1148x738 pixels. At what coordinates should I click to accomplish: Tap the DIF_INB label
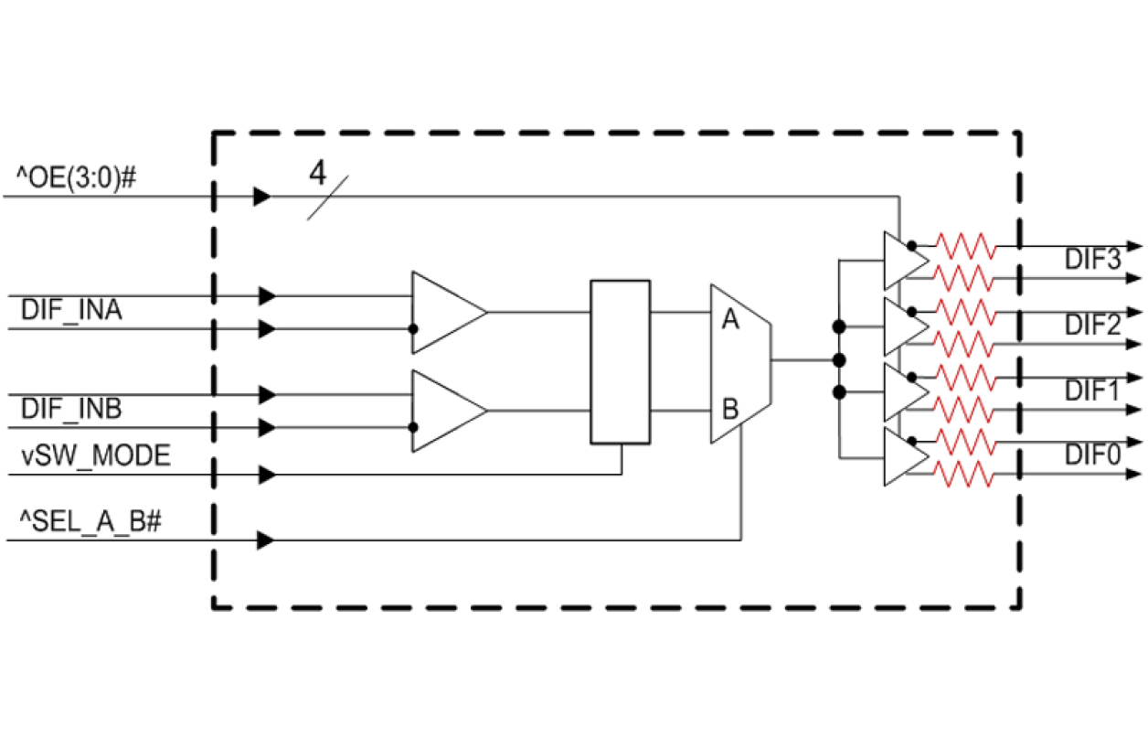tap(72, 411)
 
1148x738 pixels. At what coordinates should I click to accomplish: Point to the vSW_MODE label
tap(96, 455)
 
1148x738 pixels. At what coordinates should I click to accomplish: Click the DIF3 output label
tap(1091, 260)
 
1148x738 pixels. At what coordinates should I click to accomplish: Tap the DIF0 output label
tap(1091, 454)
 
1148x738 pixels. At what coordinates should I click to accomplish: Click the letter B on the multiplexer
tap(729, 408)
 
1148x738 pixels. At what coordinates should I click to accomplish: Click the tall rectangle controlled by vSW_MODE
tap(620, 362)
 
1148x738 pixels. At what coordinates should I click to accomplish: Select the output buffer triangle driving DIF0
tap(902, 456)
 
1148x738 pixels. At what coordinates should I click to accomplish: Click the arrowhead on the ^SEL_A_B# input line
tap(265, 540)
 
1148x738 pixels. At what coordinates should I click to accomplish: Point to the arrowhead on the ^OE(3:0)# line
tap(262, 197)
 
